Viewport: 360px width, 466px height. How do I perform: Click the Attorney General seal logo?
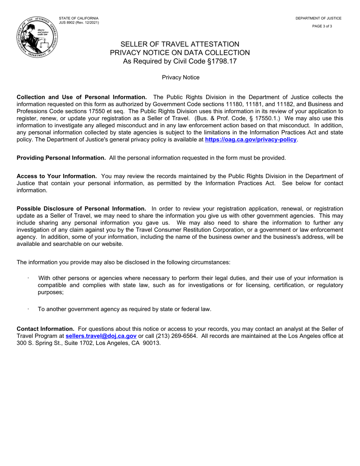click(x=37, y=37)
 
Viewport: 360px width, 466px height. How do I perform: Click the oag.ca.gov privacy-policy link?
click(x=250, y=140)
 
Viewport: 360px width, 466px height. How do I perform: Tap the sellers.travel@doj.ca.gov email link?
click(x=101, y=336)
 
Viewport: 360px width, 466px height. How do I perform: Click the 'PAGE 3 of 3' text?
click(x=322, y=26)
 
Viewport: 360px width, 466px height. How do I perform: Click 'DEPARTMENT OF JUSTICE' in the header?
click(x=318, y=18)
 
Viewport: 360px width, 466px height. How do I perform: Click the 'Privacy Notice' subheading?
click(x=180, y=77)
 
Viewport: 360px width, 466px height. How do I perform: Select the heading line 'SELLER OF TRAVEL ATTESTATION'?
click(x=180, y=44)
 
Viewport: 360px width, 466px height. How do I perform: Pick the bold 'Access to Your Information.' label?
click(x=57, y=176)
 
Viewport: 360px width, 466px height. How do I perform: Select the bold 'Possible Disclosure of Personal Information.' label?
click(x=81, y=209)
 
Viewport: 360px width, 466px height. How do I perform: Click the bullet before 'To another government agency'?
click(x=28, y=309)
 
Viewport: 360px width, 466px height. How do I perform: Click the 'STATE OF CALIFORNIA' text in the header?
click(x=78, y=18)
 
